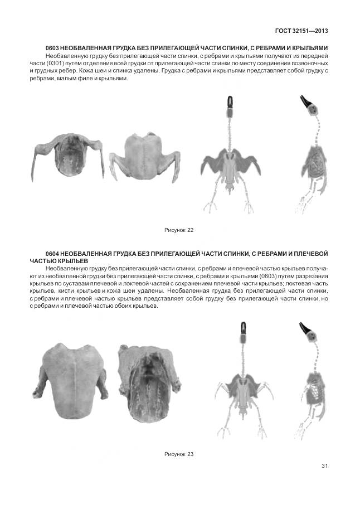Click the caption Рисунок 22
coord(179,230)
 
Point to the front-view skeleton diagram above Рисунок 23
coord(244,379)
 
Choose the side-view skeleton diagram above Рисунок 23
coord(313,379)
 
